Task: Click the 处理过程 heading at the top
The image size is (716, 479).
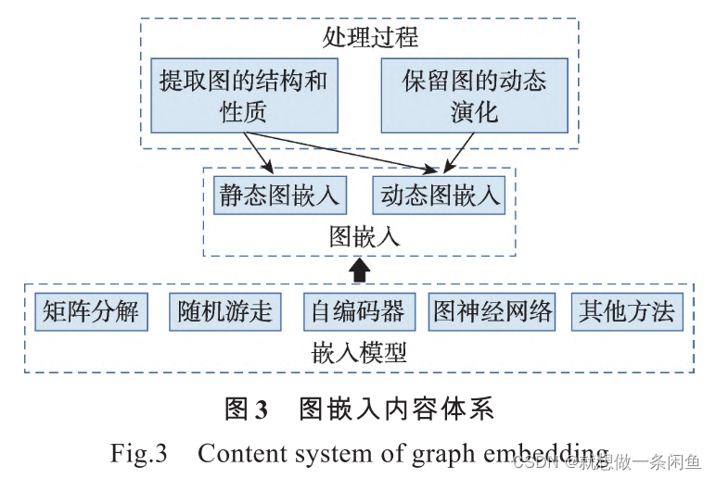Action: coord(358,37)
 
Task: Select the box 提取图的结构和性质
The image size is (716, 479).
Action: coord(243,96)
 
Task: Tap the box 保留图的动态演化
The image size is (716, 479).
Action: coord(474,96)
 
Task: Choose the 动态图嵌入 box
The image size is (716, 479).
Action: coord(439,195)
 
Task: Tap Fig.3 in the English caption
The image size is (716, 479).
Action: coord(137,453)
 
